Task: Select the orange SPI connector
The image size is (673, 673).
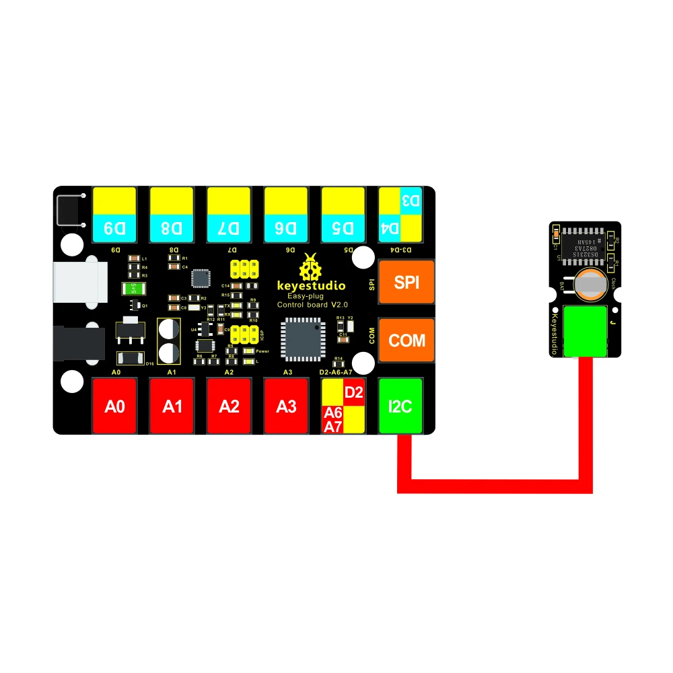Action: point(406,283)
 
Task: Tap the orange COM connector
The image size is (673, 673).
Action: point(406,341)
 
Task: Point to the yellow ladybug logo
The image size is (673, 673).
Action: point(311,267)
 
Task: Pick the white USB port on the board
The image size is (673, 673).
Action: point(79,281)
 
